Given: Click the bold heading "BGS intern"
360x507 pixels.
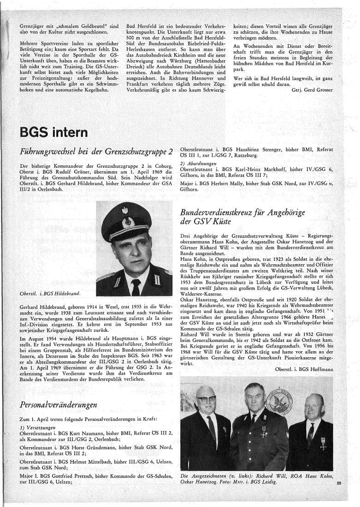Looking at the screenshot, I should pyautogui.click(x=54, y=133).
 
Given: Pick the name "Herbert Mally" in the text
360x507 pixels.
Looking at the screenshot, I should pyautogui.click(x=226, y=183).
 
